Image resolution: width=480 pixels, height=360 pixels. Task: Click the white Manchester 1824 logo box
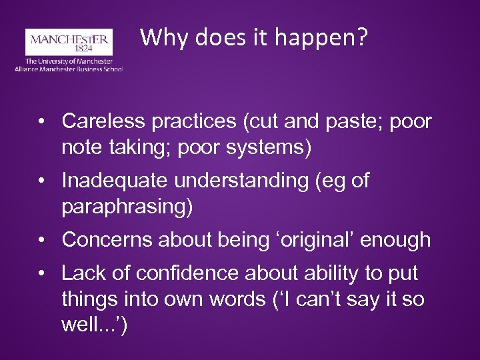69,41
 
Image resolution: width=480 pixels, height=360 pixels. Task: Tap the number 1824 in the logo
69,49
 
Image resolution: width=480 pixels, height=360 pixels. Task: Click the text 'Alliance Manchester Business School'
69,69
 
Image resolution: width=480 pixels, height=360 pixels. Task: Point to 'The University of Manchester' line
69,61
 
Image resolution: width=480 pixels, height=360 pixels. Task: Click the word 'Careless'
97,121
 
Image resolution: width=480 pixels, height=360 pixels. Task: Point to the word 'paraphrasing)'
127,206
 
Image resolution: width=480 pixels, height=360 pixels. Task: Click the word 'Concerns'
102,239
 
